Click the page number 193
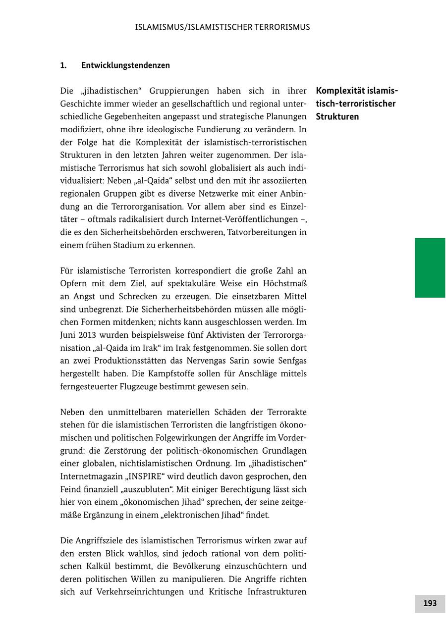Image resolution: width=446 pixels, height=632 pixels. point(430,603)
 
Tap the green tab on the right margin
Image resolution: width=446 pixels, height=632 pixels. point(430,267)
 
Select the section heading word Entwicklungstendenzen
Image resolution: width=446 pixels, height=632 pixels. point(125,65)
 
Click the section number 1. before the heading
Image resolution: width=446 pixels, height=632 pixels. point(63,65)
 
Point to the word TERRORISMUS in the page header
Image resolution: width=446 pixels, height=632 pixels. point(281,27)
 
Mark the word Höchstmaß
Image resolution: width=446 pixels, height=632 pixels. point(285,284)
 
